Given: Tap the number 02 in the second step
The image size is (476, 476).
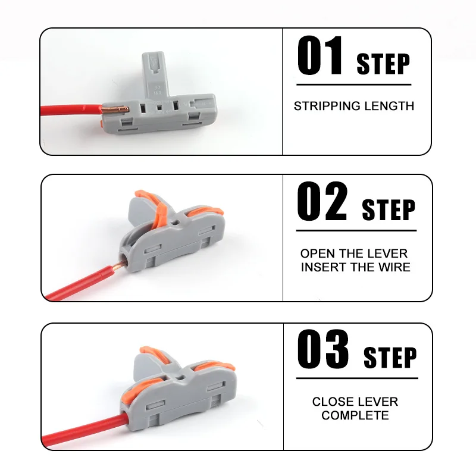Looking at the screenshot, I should [x=322, y=202].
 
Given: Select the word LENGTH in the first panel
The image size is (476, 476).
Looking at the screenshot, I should [x=389, y=107].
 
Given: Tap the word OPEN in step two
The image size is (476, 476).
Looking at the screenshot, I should [x=318, y=254].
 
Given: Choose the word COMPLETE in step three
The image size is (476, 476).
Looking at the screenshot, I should [x=355, y=415].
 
